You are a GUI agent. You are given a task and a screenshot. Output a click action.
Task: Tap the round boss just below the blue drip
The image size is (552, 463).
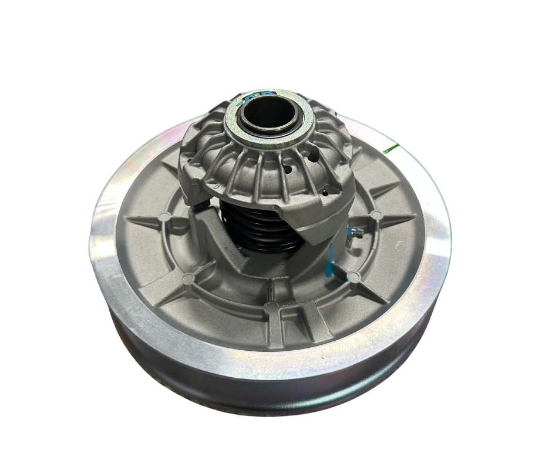pos(354,276)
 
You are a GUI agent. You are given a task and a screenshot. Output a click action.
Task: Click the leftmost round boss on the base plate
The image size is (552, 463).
pos(164,217)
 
